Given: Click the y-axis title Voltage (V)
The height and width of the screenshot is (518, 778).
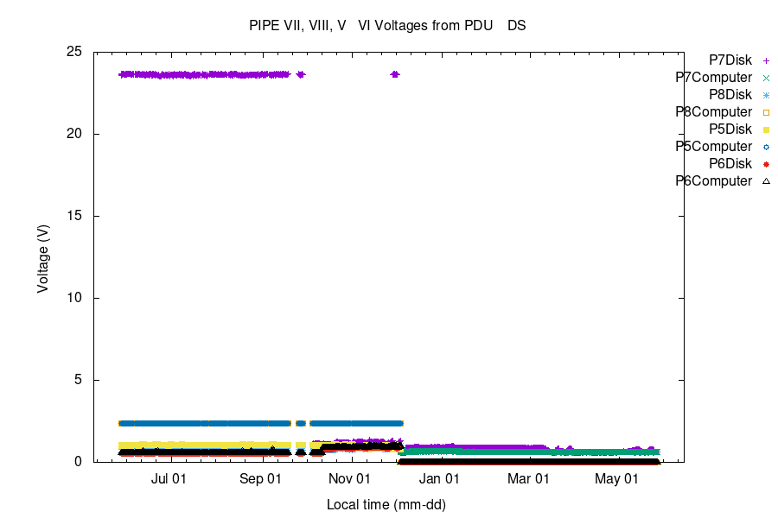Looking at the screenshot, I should [x=42, y=257].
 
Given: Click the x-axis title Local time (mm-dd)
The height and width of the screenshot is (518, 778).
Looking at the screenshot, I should [x=386, y=504].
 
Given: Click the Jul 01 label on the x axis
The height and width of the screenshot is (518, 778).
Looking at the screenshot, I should [x=169, y=478].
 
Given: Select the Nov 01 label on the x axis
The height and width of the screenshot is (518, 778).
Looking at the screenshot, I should [x=351, y=478].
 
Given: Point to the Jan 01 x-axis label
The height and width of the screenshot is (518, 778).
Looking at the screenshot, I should [x=441, y=478].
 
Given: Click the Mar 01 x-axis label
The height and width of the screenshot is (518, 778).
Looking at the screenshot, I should [x=528, y=478].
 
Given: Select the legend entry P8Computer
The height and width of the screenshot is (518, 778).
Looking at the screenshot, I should [x=713, y=112].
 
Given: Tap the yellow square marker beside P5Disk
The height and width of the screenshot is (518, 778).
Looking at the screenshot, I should [x=766, y=129].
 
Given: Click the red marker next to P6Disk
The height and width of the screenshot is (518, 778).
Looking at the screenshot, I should [x=766, y=164].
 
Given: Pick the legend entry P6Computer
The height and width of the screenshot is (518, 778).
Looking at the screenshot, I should [x=713, y=181].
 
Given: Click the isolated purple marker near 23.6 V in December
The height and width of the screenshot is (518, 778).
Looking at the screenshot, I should [x=395, y=74].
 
